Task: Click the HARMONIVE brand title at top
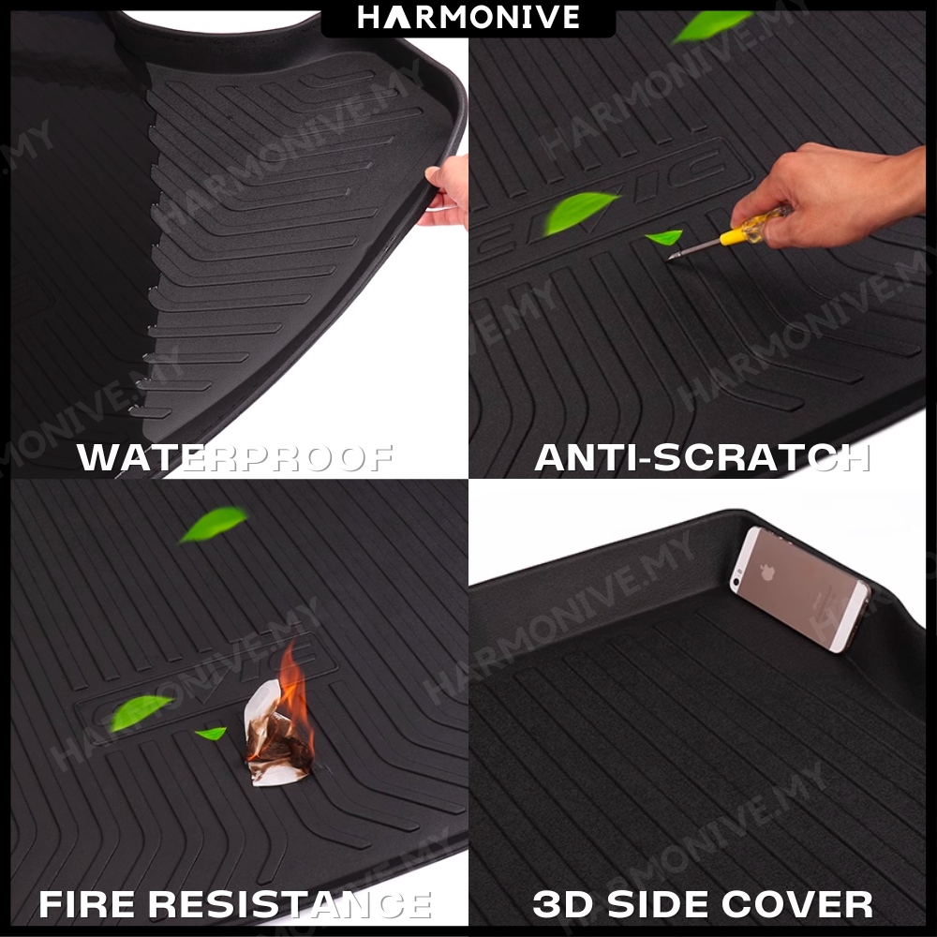(468, 17)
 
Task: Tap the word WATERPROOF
(235, 458)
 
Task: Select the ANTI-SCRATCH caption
(702, 458)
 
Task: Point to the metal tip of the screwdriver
(672, 257)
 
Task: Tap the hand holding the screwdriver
(827, 194)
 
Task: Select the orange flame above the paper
(294, 693)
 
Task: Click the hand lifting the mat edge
(446, 191)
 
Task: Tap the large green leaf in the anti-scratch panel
(577, 212)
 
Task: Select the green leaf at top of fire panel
(214, 524)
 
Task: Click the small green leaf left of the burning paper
(212, 733)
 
